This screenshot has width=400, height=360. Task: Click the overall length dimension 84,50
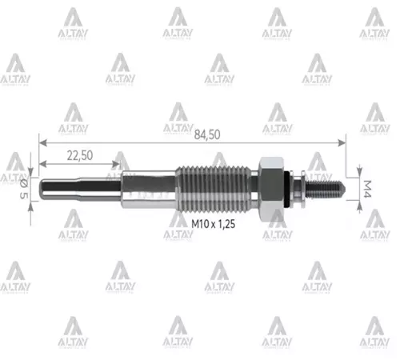pos(205,135)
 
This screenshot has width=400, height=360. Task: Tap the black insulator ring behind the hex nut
pos(286,187)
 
